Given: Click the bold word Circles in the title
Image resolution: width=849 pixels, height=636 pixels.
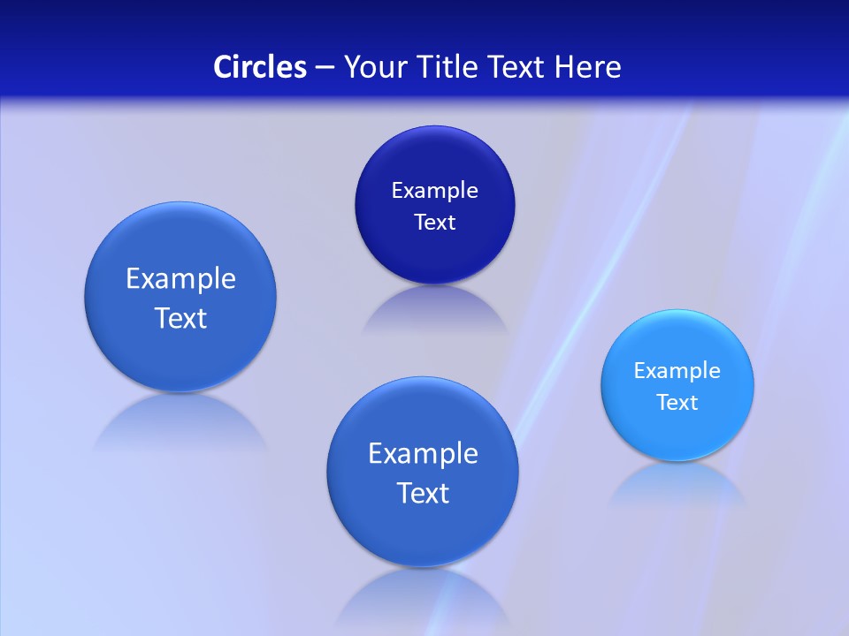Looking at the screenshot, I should click(x=260, y=67).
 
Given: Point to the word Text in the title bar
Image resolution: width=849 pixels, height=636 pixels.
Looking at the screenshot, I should click(x=518, y=67).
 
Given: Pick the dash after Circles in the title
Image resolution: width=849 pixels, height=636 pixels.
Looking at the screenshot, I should click(x=325, y=68).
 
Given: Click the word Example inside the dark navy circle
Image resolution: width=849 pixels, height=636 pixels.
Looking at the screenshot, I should click(x=434, y=191).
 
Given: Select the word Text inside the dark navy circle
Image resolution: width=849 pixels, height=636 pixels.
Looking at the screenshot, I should click(x=434, y=223).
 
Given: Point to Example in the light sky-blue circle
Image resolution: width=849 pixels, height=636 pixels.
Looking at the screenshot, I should click(x=677, y=371).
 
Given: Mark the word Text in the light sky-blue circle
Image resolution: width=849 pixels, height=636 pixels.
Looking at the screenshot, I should click(x=677, y=403).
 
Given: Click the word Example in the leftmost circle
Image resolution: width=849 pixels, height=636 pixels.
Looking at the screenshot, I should click(x=180, y=279).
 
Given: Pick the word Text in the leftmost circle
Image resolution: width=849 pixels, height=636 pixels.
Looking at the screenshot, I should click(x=180, y=318).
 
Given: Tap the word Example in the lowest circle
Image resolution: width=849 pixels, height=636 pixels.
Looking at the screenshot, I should click(x=423, y=454).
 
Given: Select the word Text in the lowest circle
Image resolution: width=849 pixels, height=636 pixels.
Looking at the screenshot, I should click(x=423, y=493).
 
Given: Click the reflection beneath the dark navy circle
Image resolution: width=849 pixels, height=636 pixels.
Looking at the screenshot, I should click(x=434, y=311).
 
